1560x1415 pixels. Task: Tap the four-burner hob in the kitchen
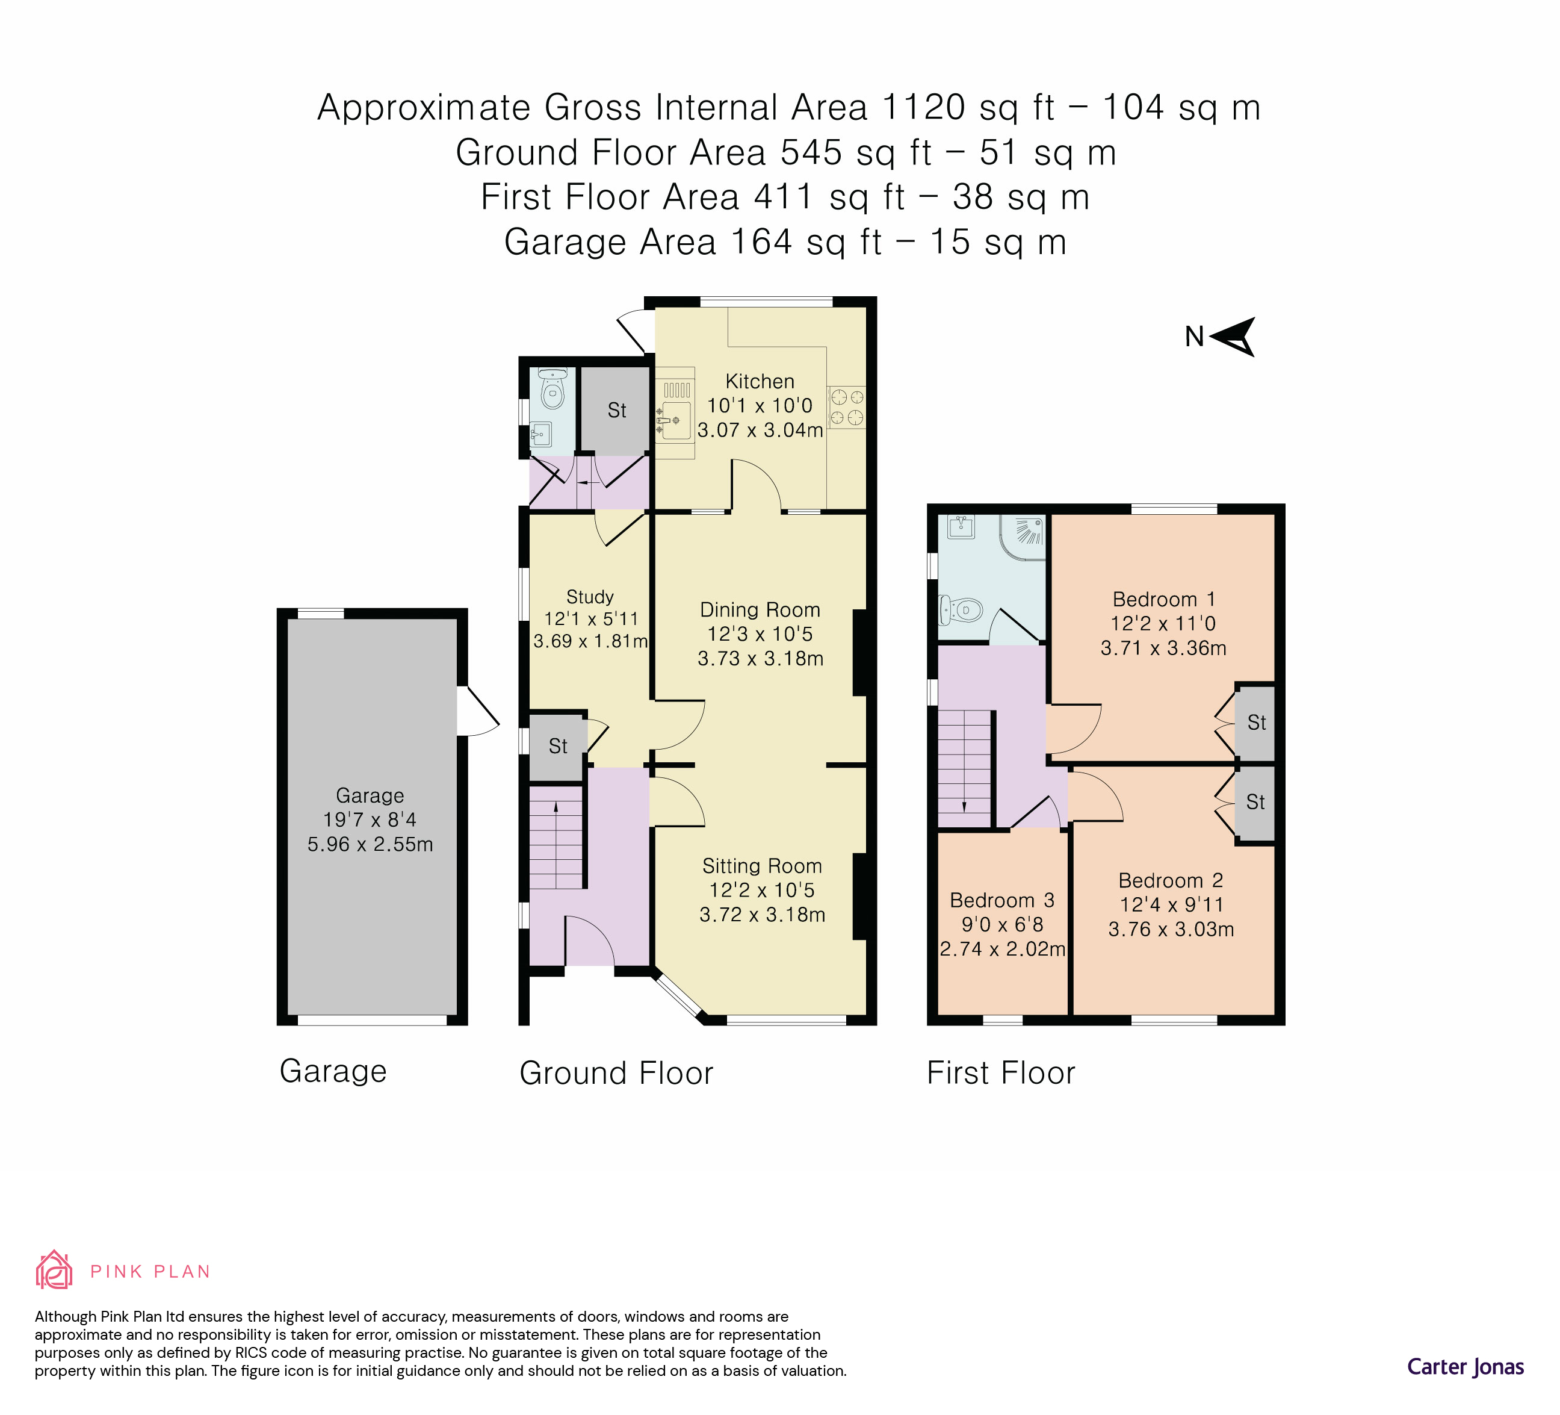pos(847,408)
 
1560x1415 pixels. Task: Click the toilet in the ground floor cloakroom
pos(552,390)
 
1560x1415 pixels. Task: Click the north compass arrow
pos(1233,337)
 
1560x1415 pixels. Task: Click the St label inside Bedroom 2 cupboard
pos(1255,802)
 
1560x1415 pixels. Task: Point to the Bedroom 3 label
pos(1001,900)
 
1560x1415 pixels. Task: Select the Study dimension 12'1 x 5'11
pos(591,618)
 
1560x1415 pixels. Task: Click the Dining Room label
pos(760,610)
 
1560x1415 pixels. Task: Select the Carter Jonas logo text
pos(1465,1367)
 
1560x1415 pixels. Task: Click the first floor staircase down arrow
pos(964,805)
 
